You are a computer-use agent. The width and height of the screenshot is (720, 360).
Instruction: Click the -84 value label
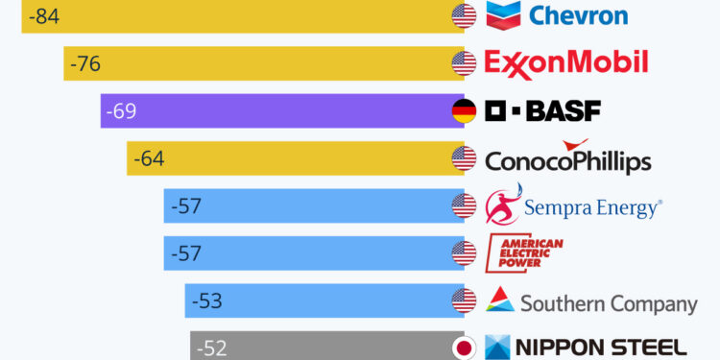click(x=43, y=16)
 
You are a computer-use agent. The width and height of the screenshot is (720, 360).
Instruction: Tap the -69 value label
click(x=121, y=110)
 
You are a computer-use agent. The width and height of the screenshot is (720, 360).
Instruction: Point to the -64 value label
click(x=148, y=158)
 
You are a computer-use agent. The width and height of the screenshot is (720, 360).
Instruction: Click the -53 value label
click(x=206, y=300)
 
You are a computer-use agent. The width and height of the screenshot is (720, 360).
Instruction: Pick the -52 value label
click(x=212, y=348)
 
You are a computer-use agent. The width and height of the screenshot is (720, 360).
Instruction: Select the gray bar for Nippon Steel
click(x=336, y=347)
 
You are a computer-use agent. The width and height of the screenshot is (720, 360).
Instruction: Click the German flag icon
click(x=464, y=111)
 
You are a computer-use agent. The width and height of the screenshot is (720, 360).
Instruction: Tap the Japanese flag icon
click(x=464, y=348)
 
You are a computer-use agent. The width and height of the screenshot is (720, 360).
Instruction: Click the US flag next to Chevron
click(x=464, y=16)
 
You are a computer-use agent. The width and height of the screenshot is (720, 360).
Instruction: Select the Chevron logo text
click(x=578, y=15)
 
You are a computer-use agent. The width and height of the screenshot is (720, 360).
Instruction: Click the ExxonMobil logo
click(x=566, y=63)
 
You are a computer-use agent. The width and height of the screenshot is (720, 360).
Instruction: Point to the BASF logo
click(x=543, y=111)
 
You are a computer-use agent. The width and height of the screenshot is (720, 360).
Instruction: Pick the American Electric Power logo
click(x=525, y=252)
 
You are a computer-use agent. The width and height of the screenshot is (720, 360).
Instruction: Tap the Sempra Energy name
click(x=592, y=206)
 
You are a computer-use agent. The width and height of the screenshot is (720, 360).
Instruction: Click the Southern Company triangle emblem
click(x=500, y=300)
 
